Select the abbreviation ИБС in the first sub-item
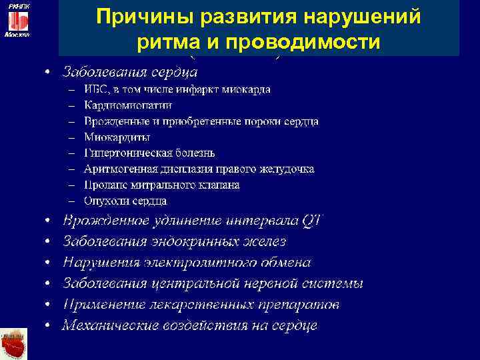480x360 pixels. (x=95, y=89)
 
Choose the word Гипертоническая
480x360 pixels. (x=125, y=153)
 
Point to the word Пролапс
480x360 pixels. (x=103, y=185)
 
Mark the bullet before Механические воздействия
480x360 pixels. (x=49, y=326)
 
